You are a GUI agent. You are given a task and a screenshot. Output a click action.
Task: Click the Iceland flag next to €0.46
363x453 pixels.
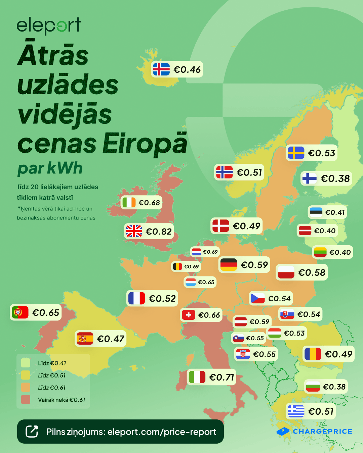pyautogui.click(x=161, y=69)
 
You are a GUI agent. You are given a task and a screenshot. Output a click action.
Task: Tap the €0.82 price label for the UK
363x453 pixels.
pyautogui.click(x=159, y=232)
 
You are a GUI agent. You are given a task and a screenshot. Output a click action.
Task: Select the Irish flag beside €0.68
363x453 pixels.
pyautogui.click(x=129, y=203)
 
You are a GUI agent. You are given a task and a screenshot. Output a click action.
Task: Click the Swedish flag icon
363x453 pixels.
pyautogui.click(x=296, y=153)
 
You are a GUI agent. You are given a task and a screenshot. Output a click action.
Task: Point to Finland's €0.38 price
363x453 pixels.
pyautogui.click(x=335, y=179)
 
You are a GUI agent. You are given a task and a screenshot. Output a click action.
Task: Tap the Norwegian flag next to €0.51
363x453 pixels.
pyautogui.click(x=225, y=172)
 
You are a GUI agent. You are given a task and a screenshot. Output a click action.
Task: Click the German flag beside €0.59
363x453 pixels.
pyautogui.click(x=229, y=265)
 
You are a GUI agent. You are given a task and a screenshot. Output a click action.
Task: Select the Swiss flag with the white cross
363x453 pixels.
pyautogui.click(x=189, y=315)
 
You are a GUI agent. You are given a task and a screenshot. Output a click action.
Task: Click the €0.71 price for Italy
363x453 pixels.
pyautogui.click(x=221, y=377)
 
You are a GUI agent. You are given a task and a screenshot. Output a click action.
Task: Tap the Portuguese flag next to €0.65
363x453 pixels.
pyautogui.click(x=20, y=313)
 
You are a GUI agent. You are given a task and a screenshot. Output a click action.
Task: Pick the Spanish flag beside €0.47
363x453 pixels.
pyautogui.click(x=85, y=339)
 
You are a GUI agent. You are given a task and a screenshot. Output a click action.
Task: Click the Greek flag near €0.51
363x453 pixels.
pyautogui.click(x=296, y=411)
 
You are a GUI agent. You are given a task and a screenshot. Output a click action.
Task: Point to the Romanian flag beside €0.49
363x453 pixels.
pyautogui.click(x=313, y=354)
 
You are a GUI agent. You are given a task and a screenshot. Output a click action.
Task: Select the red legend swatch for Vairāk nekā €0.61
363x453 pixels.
pyautogui.click(x=26, y=400)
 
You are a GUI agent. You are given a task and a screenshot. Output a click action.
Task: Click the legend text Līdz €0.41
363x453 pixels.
pyautogui.click(x=52, y=363)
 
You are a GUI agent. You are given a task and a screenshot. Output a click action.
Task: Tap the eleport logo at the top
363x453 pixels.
pyautogui.click(x=49, y=26)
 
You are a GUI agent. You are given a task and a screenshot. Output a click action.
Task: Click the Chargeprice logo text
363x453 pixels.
pyautogui.click(x=322, y=432)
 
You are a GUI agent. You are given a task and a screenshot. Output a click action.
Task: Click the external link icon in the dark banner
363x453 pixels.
pyautogui.click(x=32, y=432)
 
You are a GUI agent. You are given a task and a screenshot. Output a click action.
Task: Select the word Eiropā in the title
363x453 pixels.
pyautogui.click(x=145, y=144)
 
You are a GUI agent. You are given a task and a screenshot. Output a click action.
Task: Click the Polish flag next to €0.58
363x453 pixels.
pyautogui.click(x=286, y=272)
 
